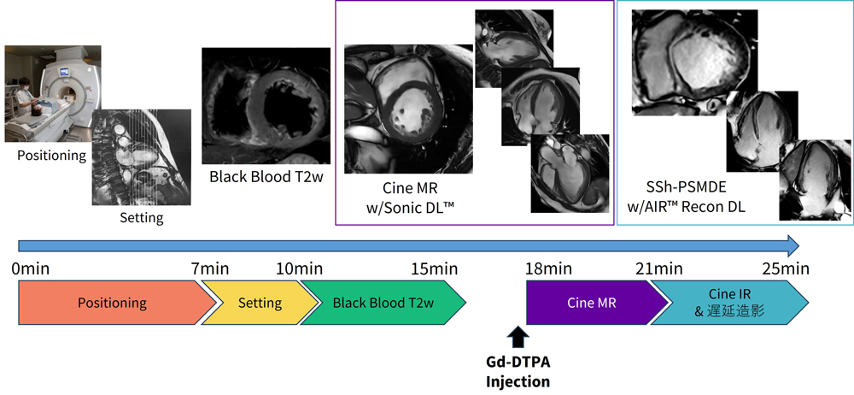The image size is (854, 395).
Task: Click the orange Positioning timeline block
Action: pyautogui.click(x=112, y=303)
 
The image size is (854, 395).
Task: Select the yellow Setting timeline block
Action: pyautogui.click(x=260, y=303)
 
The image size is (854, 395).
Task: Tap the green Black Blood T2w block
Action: pyautogui.click(x=383, y=303)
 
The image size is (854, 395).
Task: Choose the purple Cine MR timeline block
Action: pyautogui.click(x=592, y=303)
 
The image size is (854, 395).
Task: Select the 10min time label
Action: pyautogui.click(x=299, y=269)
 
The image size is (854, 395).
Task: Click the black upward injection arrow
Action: pyautogui.click(x=518, y=336)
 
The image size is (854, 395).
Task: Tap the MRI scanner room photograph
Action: pyautogui.click(x=53, y=93)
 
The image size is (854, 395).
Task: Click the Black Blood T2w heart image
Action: pyautogui.click(x=265, y=105)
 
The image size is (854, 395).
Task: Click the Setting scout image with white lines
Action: pyautogui.click(x=141, y=157)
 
